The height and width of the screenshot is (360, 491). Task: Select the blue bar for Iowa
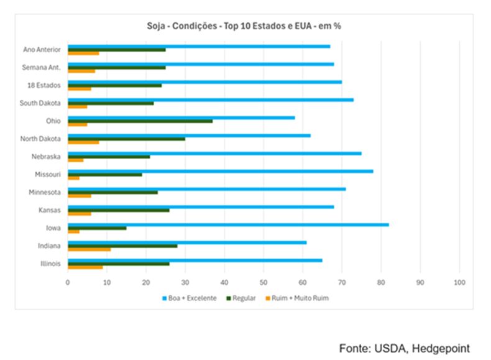pyautogui.click(x=228, y=224)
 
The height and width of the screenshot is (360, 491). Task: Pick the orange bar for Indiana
pyautogui.click(x=89, y=249)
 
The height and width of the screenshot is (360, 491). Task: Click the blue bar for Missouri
pyautogui.click(x=220, y=171)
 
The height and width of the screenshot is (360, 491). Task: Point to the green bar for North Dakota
pyautogui.click(x=126, y=139)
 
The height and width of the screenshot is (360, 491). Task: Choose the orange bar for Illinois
pyautogui.click(x=85, y=267)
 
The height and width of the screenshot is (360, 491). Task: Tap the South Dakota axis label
pyautogui.click(x=41, y=103)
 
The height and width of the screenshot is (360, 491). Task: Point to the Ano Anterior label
pyautogui.click(x=41, y=50)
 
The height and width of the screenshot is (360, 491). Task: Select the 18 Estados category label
pyautogui.click(x=45, y=85)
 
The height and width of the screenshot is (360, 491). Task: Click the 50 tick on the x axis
pyautogui.click(x=264, y=283)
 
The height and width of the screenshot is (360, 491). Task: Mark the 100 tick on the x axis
pyautogui.click(x=459, y=283)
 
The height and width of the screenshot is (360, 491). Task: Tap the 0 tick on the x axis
pyautogui.click(x=68, y=283)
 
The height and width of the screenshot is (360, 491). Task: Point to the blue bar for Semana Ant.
pyautogui.click(x=201, y=64)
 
